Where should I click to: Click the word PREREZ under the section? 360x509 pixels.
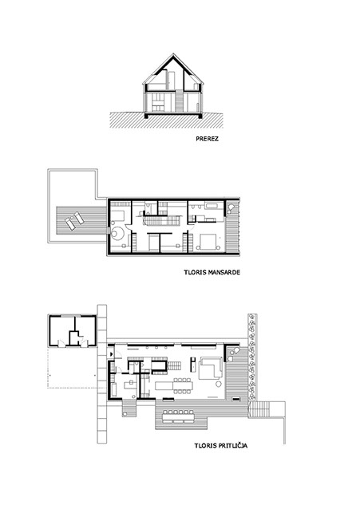[207, 139]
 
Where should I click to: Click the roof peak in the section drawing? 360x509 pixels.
[173, 54]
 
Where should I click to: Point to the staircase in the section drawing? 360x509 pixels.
[179, 101]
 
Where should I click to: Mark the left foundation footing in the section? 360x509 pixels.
[146, 116]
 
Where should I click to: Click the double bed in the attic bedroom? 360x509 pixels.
[207, 242]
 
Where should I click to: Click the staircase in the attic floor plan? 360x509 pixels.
[161, 221]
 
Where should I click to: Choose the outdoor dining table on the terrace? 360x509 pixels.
[178, 416]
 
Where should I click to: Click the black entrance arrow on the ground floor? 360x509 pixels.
[112, 354]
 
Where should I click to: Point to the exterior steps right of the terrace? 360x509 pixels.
[259, 409]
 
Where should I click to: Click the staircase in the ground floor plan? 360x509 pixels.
[175, 365]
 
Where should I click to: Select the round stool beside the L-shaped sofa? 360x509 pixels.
[218, 385]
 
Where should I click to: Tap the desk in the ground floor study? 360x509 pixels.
[130, 384]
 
